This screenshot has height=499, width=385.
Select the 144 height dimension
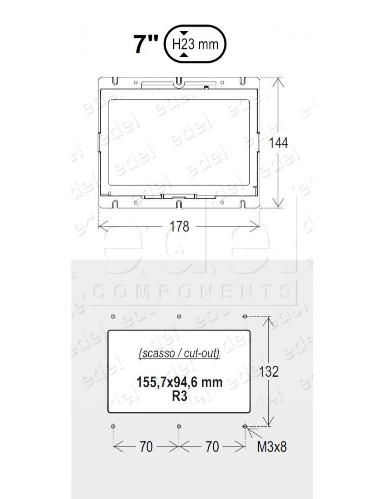coord(279,143)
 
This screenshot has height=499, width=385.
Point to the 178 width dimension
coord(179,227)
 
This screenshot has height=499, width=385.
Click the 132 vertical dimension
coord(270,371)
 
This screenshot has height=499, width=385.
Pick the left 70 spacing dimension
coord(146,447)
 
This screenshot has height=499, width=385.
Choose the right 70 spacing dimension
coord(212,447)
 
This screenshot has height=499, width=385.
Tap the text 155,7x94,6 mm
coord(179,383)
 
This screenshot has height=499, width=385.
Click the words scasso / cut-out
coord(179,355)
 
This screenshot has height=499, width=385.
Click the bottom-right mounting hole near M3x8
coord(245,426)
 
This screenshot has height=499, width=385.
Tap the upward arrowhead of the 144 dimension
coord(279,80)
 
